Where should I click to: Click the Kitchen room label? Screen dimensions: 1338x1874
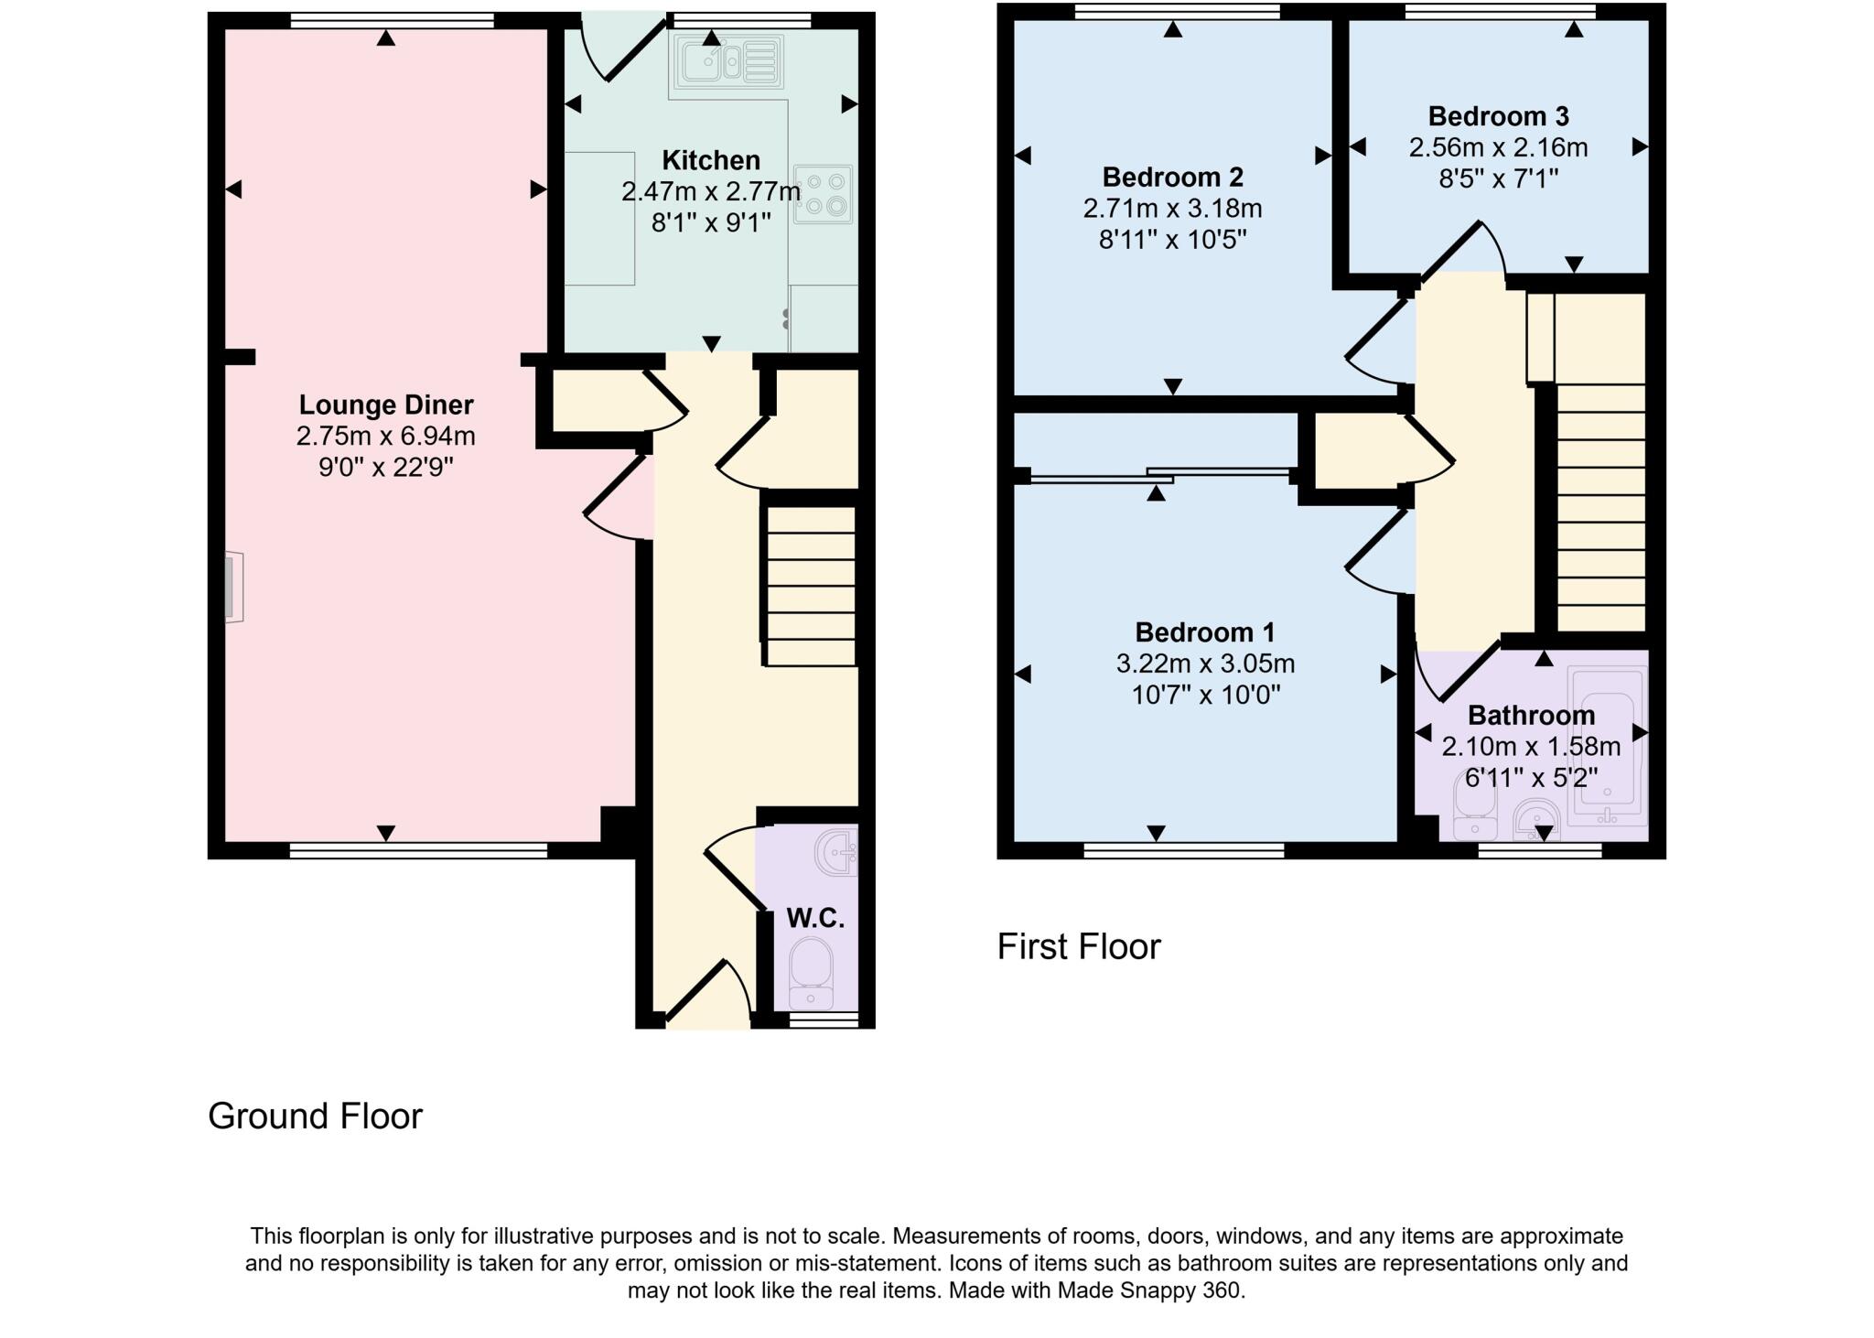710,160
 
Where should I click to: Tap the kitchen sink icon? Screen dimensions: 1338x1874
729,62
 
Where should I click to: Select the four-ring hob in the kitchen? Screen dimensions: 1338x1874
823,194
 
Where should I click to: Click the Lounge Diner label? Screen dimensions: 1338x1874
385,405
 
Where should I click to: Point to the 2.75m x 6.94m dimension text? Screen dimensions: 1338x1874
385,437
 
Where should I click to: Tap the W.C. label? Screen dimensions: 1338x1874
815,918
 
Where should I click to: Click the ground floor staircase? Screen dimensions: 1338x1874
811,586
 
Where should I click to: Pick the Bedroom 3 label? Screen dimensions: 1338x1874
1498,116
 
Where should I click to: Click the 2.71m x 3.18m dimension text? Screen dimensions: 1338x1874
1172,209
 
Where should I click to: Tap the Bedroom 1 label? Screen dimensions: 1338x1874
1204,632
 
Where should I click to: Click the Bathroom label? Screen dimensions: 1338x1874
1531,715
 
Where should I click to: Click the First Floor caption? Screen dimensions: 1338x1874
1078,946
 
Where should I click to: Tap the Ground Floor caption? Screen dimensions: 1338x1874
315,1116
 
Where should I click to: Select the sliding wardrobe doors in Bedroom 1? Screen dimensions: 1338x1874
1159,474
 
